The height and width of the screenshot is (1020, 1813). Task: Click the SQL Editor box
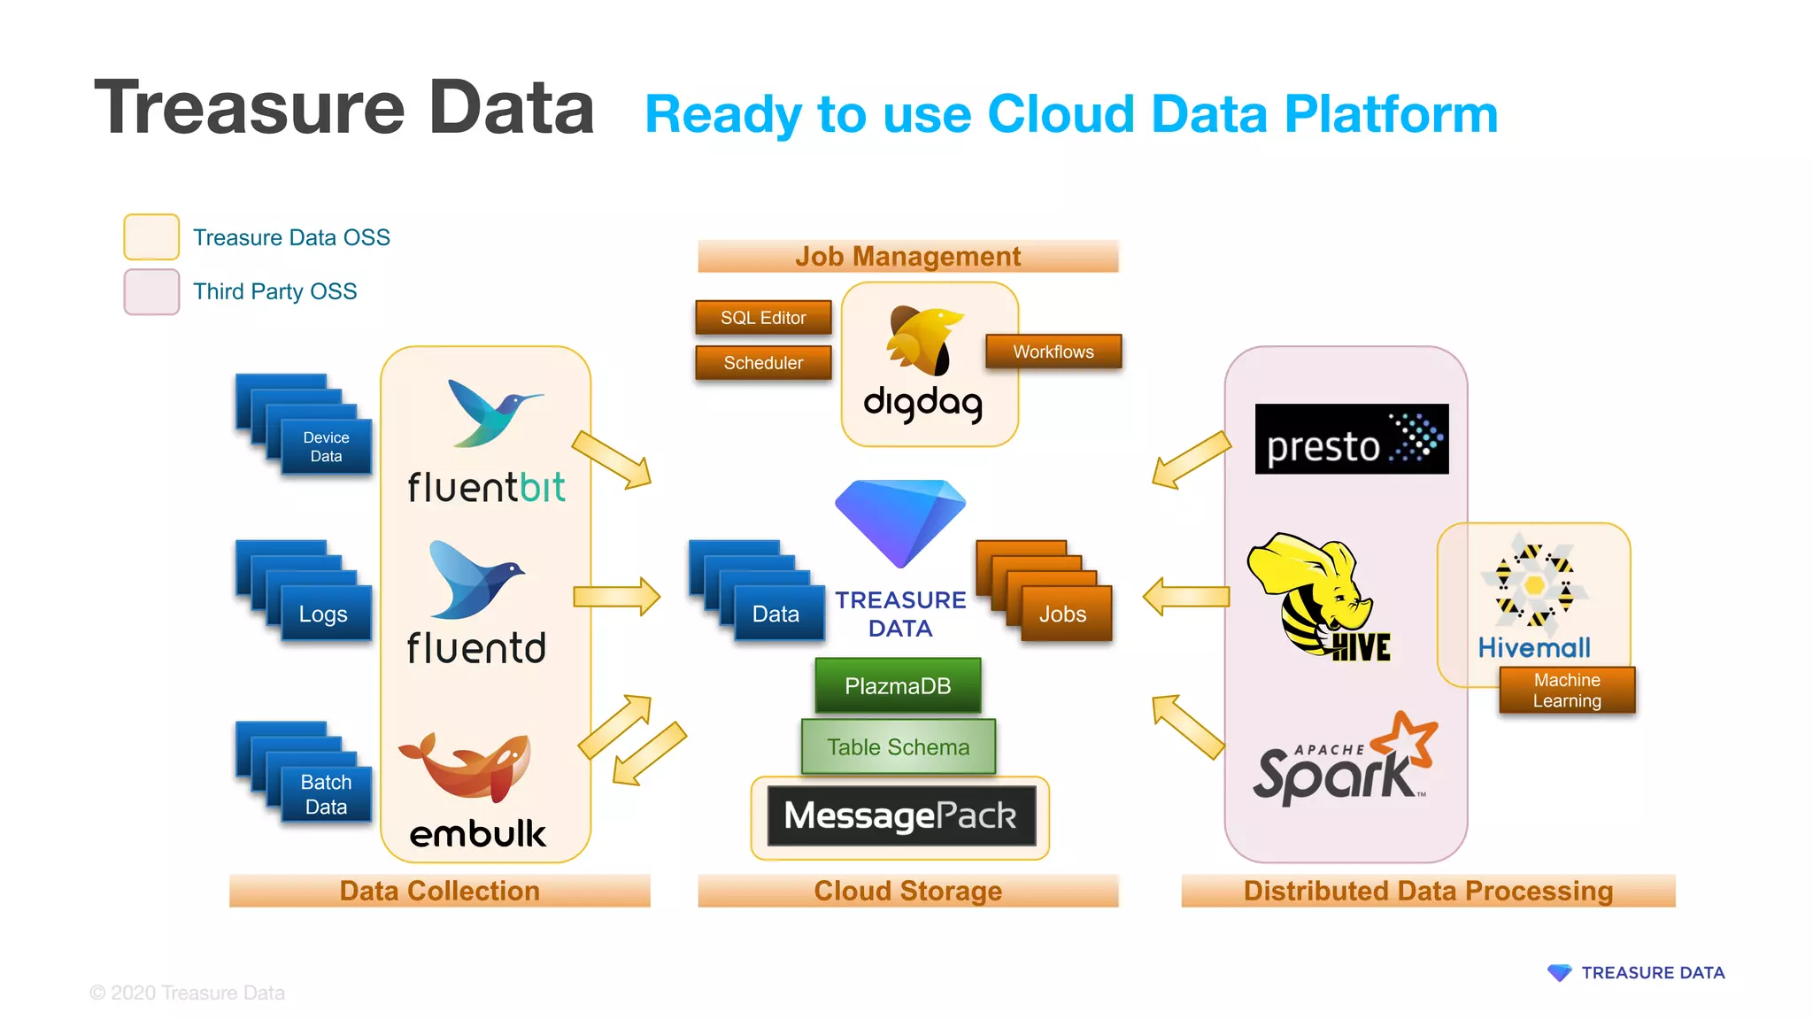tap(763, 318)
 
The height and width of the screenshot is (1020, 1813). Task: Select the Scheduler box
tap(763, 363)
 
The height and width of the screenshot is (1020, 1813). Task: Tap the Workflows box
tap(1053, 352)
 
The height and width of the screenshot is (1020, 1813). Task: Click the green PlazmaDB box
tap(898, 686)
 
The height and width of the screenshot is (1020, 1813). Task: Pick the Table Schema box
tap(898, 747)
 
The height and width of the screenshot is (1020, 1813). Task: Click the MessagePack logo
tap(900, 815)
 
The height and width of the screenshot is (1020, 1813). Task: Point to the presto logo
tap(1351, 440)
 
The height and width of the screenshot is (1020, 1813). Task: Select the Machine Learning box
tap(1567, 691)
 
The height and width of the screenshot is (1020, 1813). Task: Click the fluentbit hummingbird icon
tap(491, 413)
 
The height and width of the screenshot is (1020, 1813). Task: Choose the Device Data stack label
tap(326, 447)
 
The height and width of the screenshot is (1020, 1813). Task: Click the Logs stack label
tap(323, 614)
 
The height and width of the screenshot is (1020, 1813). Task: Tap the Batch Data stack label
tap(326, 794)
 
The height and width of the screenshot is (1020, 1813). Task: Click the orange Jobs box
tap(1062, 614)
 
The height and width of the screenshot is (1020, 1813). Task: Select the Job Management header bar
tap(907, 257)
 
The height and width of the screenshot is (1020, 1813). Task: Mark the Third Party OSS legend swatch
tap(151, 292)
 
